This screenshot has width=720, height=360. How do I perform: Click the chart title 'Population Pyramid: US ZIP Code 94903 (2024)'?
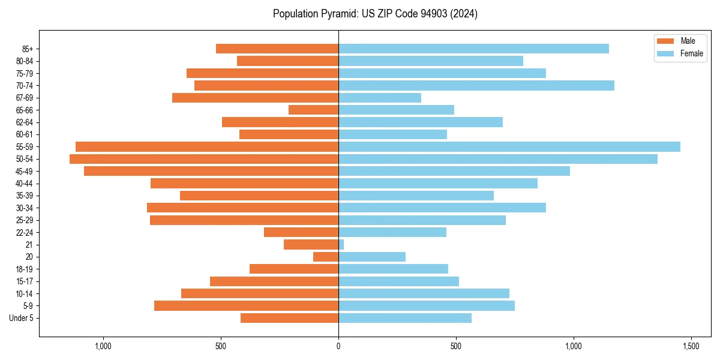pos(375,14)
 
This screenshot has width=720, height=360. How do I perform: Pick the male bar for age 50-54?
pos(204,159)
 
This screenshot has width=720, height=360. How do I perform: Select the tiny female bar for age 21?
pos(341,245)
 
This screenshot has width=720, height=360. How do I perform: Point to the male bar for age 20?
pos(326,257)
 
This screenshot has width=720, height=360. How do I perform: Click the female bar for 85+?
pos(473,49)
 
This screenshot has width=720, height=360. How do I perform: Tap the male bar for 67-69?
pos(255,98)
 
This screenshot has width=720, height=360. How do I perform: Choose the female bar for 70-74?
pos(476,85)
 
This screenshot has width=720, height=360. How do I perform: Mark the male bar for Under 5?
pos(289,318)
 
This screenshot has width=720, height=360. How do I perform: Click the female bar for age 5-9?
pos(427,305)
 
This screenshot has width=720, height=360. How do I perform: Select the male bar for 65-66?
pos(313,110)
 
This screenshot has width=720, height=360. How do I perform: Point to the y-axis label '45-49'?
pos(25,172)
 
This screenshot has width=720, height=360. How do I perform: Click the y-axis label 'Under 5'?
pos(21,318)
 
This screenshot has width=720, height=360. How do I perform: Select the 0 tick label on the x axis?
pos(338,346)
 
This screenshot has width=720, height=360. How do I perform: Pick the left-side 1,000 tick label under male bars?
pos(103,346)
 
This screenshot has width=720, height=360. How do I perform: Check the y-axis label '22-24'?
pos(25,233)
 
